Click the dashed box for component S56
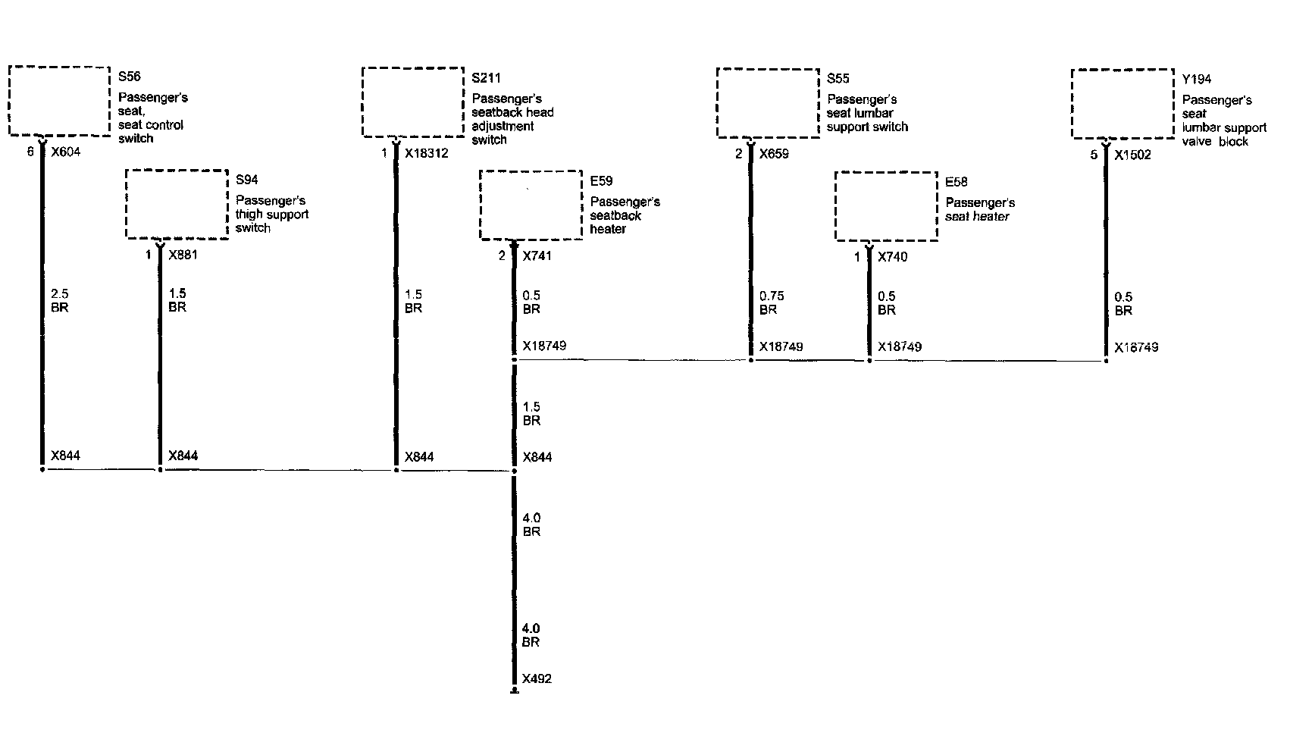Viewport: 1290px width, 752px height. tap(59, 101)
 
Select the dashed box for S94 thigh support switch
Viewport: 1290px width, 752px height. tap(177, 205)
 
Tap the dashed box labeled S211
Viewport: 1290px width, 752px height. tap(413, 102)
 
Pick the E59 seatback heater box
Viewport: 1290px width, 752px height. tap(531, 205)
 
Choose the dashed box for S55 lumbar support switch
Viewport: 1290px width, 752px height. tap(768, 103)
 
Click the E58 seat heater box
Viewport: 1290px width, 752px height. tap(886, 206)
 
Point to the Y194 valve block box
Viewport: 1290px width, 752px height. tap(1122, 104)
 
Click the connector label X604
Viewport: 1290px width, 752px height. tap(65, 152)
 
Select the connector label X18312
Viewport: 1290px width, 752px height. tap(426, 153)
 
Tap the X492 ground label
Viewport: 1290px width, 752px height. tap(537, 678)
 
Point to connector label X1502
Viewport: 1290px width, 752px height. tap(1132, 155)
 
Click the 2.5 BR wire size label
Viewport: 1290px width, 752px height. tap(60, 300)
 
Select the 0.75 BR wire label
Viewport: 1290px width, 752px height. tap(772, 302)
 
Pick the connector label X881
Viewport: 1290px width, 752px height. tap(183, 255)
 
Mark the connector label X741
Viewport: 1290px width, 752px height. tap(537, 255)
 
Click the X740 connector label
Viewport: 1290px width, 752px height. tap(892, 257)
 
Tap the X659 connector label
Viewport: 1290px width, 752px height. tap(774, 154)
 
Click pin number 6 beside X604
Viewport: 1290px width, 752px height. tap(30, 152)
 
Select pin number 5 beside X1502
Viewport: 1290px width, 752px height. tap(1094, 155)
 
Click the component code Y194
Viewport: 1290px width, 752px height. tap(1197, 79)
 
